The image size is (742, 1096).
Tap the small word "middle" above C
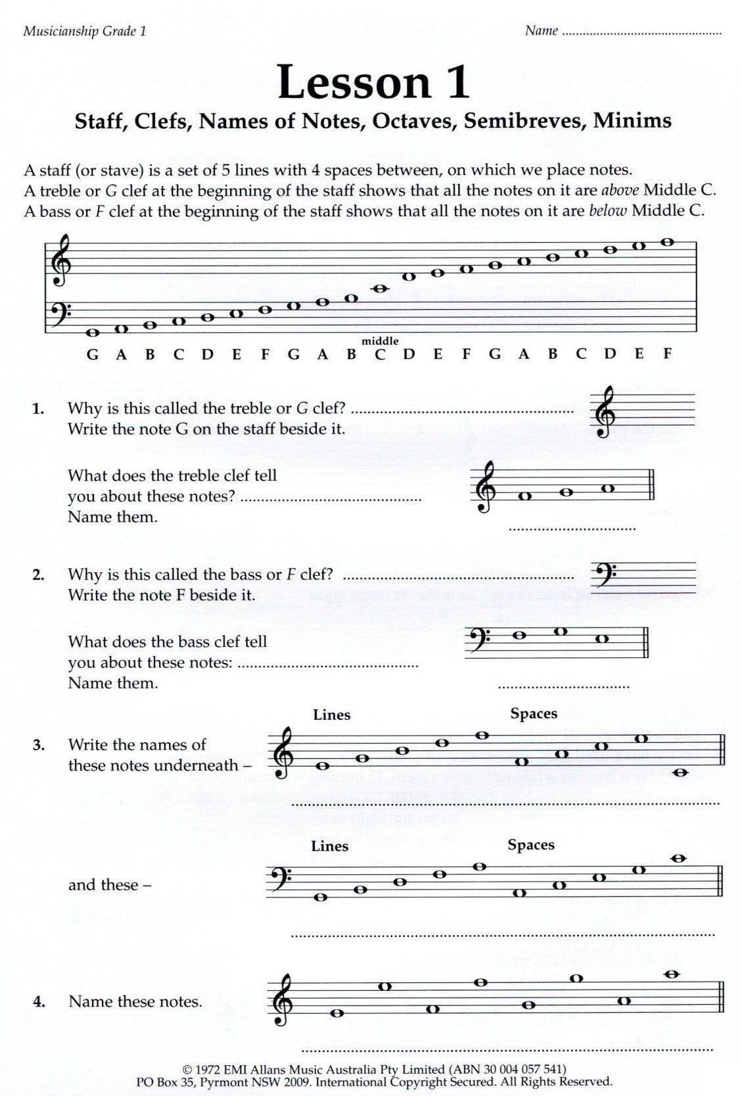[380, 340]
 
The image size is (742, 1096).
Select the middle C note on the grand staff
[380, 288]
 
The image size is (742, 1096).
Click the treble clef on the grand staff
[61, 262]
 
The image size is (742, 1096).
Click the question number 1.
[38, 409]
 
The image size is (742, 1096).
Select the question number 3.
[39, 746]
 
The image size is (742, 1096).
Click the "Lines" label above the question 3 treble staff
[332, 715]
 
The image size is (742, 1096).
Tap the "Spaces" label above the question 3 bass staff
[531, 845]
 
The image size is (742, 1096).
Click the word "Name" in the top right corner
[542, 30]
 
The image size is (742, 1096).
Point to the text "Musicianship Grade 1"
[84, 31]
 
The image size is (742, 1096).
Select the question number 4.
[39, 1002]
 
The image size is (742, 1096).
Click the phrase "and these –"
[110, 885]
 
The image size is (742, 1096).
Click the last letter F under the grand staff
[668, 354]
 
